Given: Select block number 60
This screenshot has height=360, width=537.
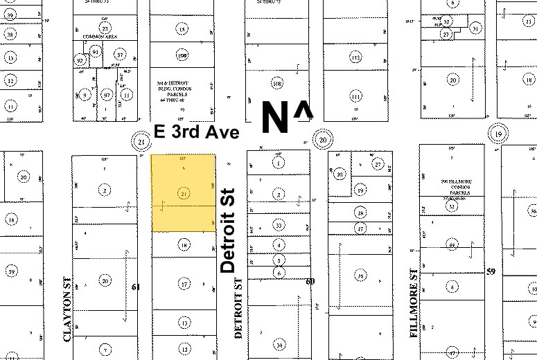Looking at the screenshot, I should [310, 281].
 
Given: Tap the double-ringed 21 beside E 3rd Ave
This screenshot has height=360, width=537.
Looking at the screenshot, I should [141, 143].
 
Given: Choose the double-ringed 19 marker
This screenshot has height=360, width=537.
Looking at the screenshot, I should [498, 134].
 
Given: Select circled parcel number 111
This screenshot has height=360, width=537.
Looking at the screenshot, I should [355, 96].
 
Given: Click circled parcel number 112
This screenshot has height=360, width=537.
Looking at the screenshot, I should [355, 57].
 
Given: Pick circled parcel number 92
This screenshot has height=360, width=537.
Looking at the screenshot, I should [80, 60].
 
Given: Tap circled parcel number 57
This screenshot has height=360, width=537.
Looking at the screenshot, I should [120, 55].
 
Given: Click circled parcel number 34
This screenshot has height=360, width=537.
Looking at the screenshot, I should [279, 344].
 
